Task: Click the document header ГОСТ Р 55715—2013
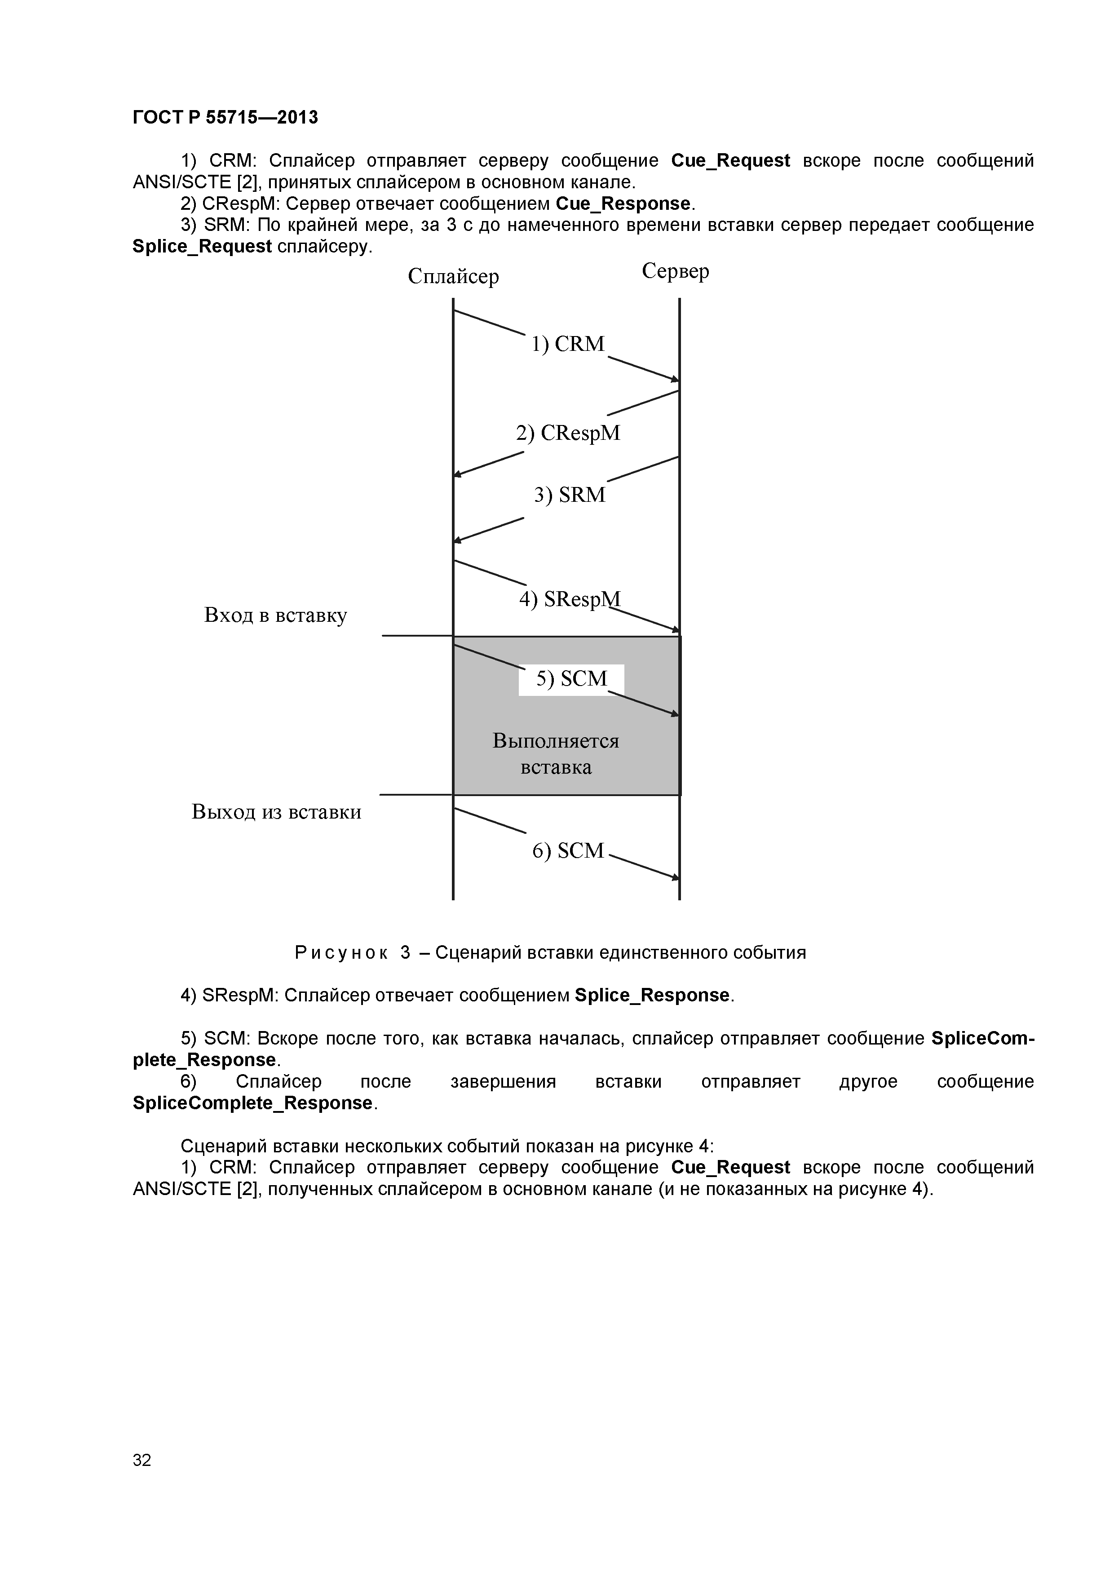(x=225, y=117)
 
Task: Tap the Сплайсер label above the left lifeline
(x=453, y=276)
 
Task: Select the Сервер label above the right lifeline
(x=676, y=271)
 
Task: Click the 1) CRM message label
(x=568, y=344)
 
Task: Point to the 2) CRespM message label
(x=568, y=433)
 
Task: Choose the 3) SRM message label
(x=570, y=495)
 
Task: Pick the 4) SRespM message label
(x=569, y=599)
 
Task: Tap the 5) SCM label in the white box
(x=572, y=679)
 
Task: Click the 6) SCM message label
(x=568, y=851)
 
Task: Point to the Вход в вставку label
(x=275, y=615)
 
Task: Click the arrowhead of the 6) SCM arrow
(x=676, y=877)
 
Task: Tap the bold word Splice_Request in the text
(x=202, y=247)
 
